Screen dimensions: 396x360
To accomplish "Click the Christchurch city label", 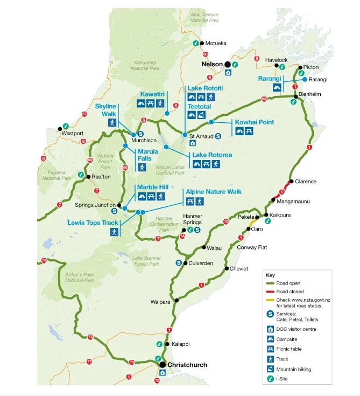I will coord(187,365).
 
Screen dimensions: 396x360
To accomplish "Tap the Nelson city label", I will coord(211,64).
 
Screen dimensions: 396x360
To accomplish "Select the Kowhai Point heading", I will coord(255,122).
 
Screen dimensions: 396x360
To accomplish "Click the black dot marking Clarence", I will coord(291,182).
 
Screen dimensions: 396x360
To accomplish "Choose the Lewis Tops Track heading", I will coord(93,222).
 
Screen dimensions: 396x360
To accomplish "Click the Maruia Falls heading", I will coord(147,155).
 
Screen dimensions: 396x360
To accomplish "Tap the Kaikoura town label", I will coord(280,214).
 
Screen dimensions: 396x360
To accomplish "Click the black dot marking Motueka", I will coord(201,43).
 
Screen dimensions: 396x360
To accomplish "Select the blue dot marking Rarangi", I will coord(305,79).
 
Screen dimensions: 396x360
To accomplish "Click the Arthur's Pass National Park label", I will coord(80,277).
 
